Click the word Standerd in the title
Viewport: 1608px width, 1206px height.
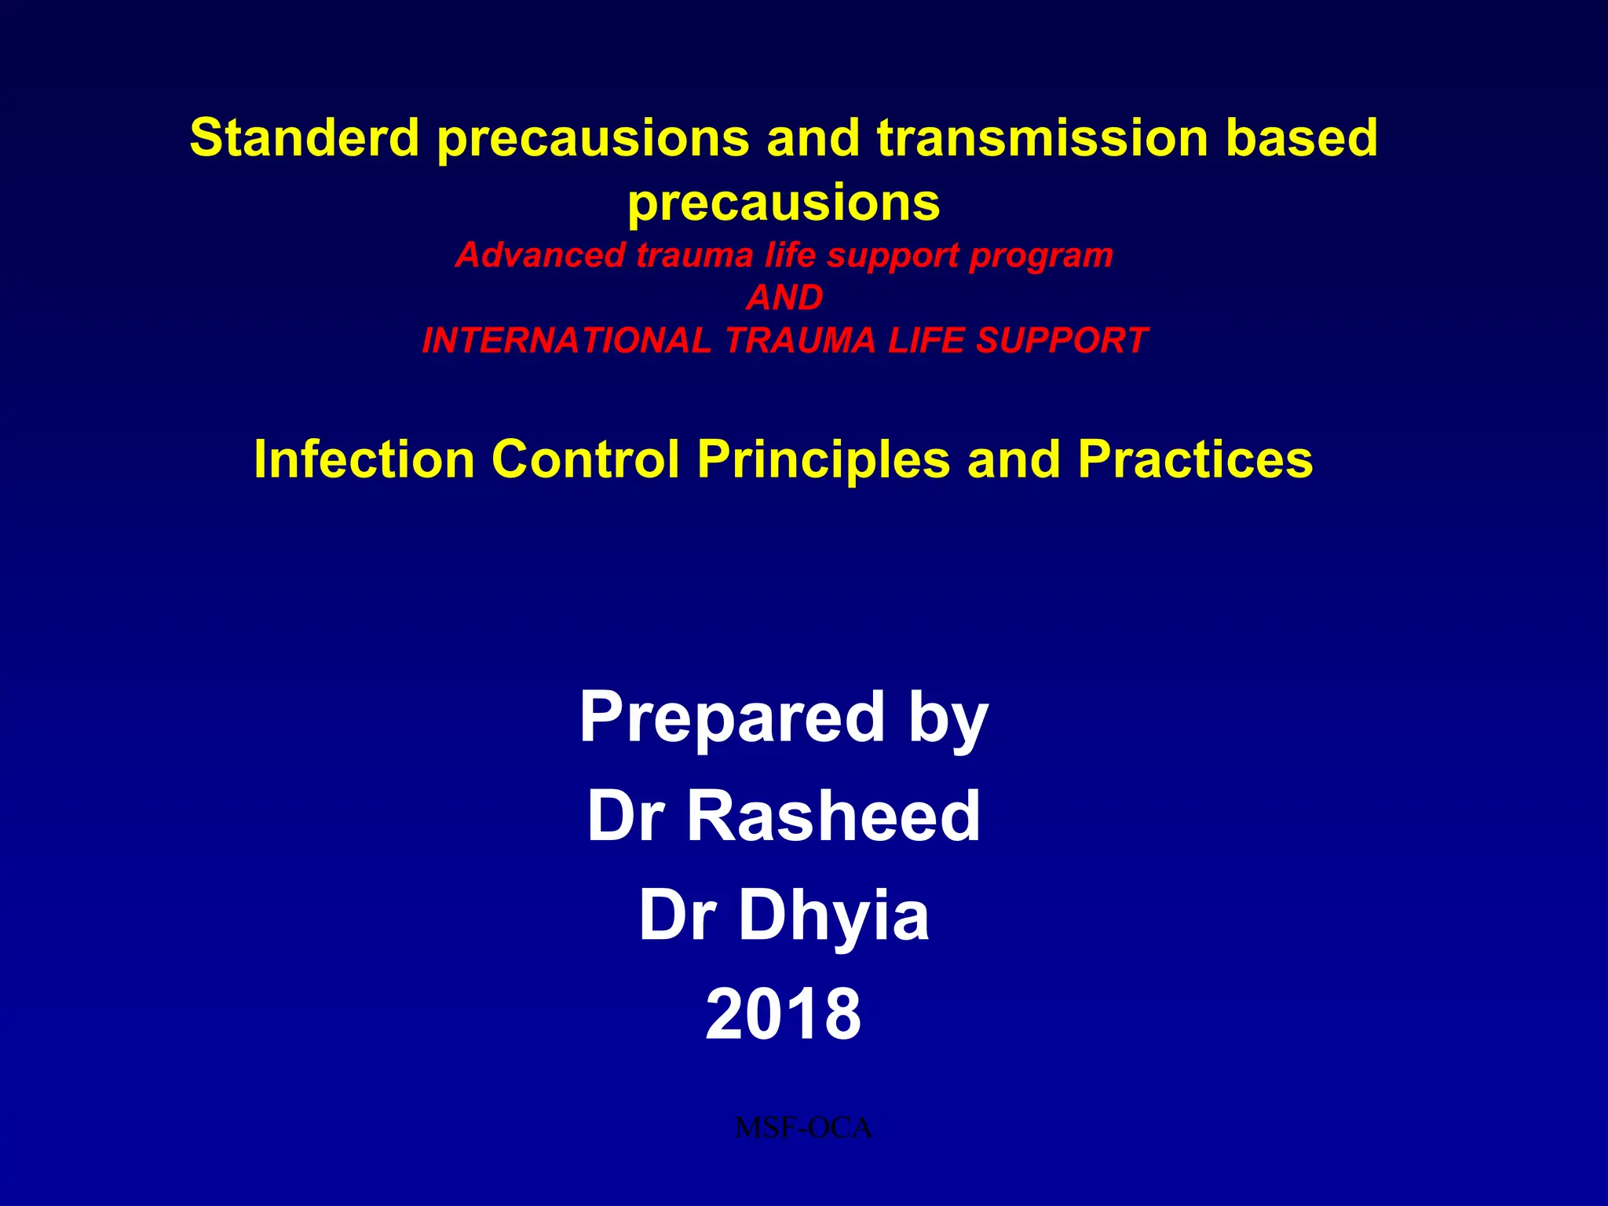coord(305,137)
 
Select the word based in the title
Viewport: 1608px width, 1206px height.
coord(1301,137)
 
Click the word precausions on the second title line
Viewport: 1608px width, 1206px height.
coord(784,203)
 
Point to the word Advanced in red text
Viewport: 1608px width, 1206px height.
coord(540,255)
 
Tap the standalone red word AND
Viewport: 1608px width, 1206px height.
coord(784,298)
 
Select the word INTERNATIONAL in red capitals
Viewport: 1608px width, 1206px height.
coord(566,341)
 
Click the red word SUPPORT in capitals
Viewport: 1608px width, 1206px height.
coord(1062,341)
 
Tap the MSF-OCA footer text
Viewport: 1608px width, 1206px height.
coord(803,1128)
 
